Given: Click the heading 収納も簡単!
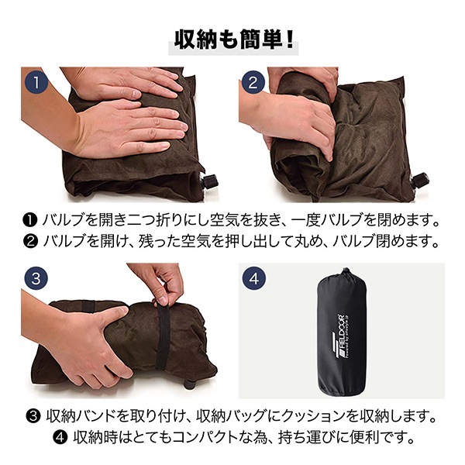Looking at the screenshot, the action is click(233, 40).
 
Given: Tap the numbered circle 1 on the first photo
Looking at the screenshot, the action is click(36, 82).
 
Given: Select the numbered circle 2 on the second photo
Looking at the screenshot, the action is click(253, 82).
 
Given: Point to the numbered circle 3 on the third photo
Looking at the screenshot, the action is click(36, 278).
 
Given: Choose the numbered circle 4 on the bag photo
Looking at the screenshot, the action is click(254, 278).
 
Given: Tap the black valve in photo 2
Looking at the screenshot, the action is click(419, 180).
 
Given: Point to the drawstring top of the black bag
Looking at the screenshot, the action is click(346, 275).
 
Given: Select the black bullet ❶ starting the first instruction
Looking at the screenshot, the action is click(30, 220).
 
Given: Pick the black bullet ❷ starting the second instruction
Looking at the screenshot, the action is click(30, 241).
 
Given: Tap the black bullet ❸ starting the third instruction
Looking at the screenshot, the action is click(33, 417).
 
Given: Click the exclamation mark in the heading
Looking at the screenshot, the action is click(290, 40).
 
